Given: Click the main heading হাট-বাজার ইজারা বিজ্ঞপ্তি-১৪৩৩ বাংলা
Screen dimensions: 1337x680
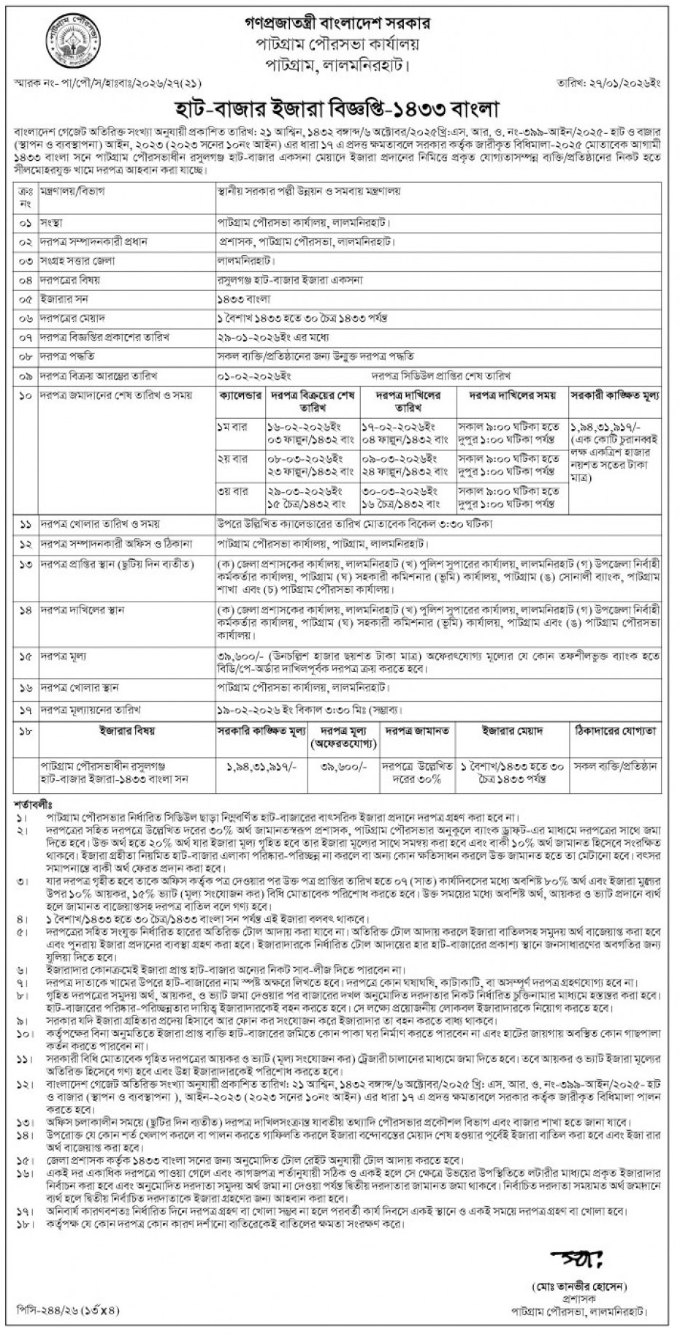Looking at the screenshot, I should [340, 109].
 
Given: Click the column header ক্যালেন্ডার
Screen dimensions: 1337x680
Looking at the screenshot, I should [241, 395].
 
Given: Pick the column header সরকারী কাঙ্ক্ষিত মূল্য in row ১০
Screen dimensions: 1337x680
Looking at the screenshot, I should [616, 395].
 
